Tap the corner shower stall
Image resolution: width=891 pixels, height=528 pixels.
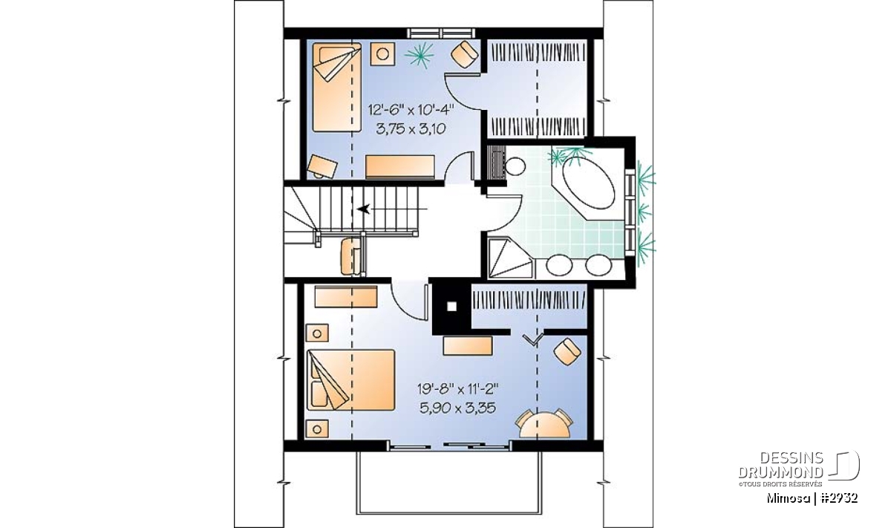[510, 258]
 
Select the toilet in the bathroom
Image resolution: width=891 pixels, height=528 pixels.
[515, 166]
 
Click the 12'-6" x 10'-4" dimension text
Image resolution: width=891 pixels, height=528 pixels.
[411, 110]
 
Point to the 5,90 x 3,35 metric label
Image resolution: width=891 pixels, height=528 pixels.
[457, 408]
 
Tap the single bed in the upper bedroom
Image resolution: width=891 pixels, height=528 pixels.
[336, 87]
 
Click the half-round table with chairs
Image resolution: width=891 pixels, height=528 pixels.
[544, 424]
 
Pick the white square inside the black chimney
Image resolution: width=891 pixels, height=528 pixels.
[451, 307]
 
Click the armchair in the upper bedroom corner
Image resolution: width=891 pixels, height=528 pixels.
[465, 54]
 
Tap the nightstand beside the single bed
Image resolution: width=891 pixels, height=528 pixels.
[382, 53]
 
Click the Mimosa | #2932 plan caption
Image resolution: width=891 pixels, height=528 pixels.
[812, 498]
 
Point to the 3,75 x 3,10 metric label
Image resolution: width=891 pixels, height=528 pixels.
[411, 129]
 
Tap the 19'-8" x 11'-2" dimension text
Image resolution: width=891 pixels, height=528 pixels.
[457, 388]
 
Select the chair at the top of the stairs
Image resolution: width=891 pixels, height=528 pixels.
[350, 256]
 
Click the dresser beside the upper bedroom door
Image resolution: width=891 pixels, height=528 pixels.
[399, 167]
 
